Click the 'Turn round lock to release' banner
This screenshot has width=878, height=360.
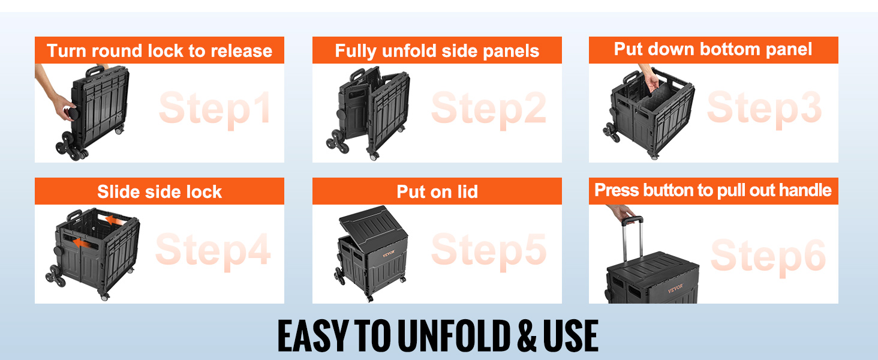tap(159, 50)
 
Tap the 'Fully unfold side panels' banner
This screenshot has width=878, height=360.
tap(437, 50)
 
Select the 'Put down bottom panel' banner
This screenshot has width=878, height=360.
tap(713, 49)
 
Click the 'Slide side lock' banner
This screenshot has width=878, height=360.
tap(159, 191)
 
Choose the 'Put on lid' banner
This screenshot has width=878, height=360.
tap(437, 191)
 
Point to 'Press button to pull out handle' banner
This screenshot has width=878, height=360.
tap(713, 191)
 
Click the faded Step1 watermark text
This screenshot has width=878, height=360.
tap(215, 109)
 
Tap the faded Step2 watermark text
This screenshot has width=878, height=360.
tap(488, 109)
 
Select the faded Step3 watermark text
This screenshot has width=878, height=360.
tap(764, 108)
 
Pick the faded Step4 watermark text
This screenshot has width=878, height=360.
tap(213, 250)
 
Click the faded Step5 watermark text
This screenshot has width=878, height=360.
tap(488, 250)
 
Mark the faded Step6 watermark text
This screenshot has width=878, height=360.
tap(768, 254)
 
